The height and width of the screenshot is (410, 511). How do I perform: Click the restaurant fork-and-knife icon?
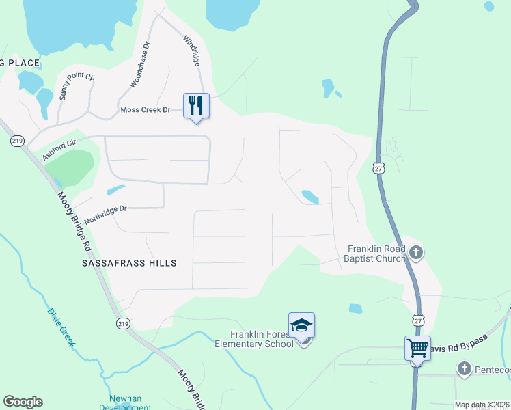[x=196, y=105]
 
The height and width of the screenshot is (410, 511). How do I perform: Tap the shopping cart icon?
[x=417, y=348]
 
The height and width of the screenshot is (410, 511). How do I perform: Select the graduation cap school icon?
[x=301, y=325]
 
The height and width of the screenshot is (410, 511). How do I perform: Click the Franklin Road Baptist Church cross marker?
[x=417, y=254]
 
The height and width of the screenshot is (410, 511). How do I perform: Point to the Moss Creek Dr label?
[x=145, y=109]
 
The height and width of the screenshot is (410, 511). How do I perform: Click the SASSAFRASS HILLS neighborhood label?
[x=129, y=263]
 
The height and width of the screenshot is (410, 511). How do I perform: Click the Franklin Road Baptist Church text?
[x=376, y=254]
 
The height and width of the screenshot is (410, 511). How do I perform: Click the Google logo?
[x=23, y=402]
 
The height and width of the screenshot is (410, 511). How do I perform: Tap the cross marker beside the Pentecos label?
[x=464, y=370]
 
